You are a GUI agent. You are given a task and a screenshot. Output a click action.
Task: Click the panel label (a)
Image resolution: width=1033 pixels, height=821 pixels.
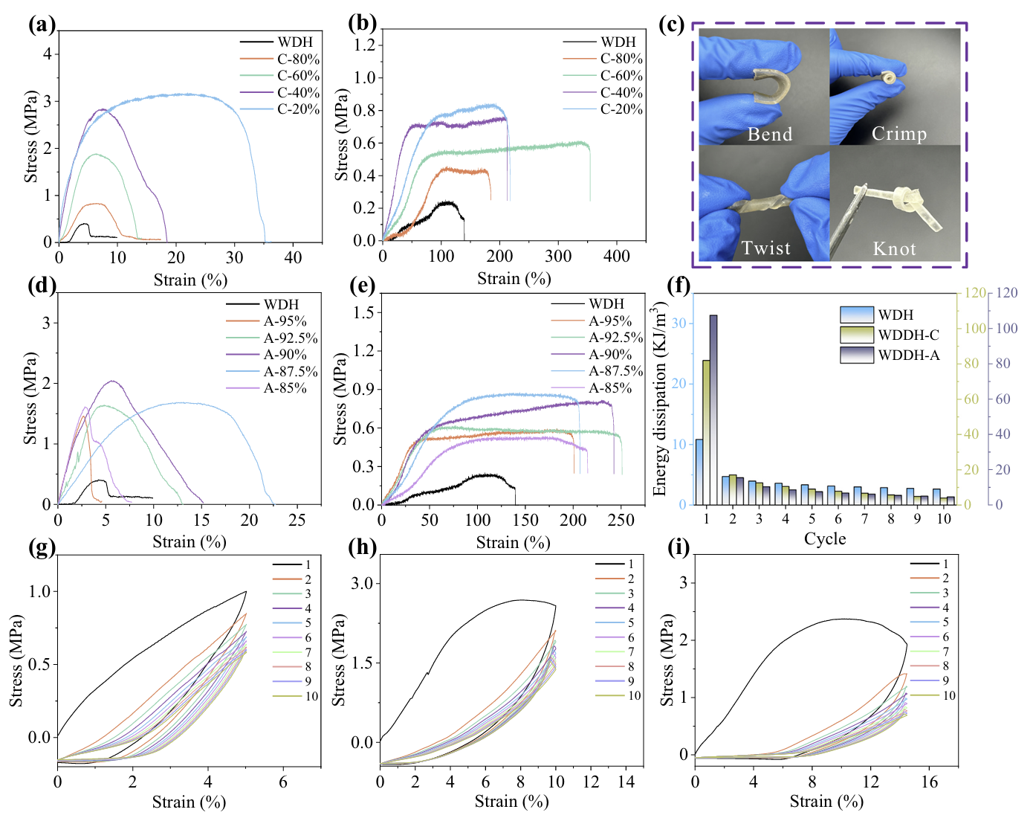point(42,25)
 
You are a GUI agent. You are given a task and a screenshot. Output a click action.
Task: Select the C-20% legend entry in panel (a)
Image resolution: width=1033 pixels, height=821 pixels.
point(298,109)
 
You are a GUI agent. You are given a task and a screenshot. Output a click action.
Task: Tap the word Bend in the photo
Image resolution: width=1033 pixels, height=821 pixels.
point(770,134)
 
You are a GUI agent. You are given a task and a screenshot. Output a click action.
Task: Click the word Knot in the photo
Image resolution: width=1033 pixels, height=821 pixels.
point(894,248)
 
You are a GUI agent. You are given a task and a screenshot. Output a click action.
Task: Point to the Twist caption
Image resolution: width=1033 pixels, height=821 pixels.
point(766,248)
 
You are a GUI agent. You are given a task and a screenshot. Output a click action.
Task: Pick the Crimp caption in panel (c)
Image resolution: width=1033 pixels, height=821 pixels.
point(899,134)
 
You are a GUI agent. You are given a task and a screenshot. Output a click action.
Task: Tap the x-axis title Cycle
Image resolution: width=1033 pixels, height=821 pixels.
point(825,538)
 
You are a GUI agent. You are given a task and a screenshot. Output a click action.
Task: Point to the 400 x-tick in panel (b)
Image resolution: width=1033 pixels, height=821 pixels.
point(617,257)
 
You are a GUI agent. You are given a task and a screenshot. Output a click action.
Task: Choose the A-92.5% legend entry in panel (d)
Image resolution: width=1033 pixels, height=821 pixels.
point(291,338)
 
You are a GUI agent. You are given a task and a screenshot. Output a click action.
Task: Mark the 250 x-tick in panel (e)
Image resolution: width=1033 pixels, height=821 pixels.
point(621,520)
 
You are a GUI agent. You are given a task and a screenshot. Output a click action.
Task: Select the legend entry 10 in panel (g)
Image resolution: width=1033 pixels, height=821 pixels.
point(311,696)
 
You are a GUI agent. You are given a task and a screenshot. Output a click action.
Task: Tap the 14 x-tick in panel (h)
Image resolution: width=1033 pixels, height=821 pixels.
point(626,782)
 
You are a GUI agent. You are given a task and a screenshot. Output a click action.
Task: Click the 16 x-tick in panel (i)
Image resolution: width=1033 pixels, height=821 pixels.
point(930,782)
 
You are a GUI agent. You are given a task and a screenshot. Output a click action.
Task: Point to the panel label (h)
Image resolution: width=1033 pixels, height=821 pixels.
point(363,547)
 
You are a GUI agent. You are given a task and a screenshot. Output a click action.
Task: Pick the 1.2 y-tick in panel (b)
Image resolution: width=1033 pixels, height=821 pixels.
point(365,45)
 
